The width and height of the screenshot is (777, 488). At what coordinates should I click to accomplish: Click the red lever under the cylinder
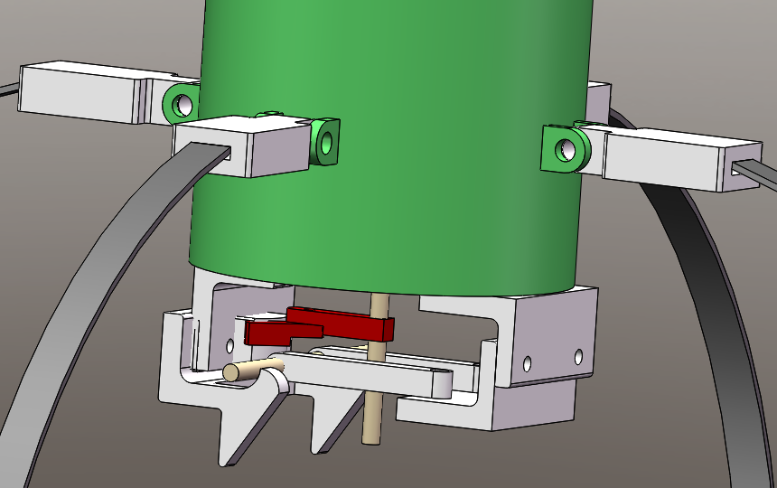pyautogui.click(x=316, y=325)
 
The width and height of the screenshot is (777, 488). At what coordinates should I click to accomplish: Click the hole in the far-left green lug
pyautogui.click(x=184, y=104)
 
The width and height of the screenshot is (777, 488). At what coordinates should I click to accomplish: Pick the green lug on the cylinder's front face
pyautogui.click(x=323, y=141)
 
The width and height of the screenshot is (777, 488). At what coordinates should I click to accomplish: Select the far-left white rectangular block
pyautogui.click(x=81, y=91)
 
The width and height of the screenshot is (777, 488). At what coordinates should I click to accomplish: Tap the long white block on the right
pyautogui.click(x=678, y=161)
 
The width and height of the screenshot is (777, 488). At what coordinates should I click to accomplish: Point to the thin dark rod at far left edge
pyautogui.click(x=8, y=89)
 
